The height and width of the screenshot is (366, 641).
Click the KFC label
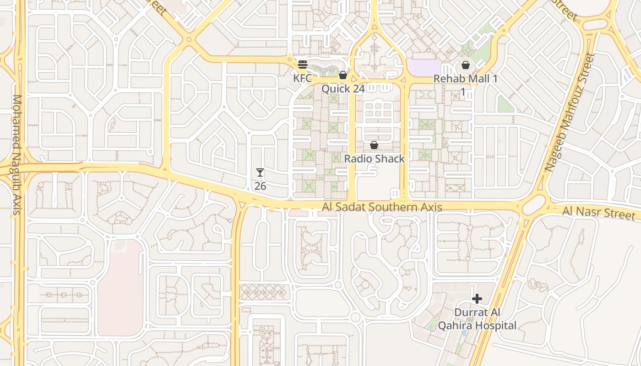click(x=302, y=78)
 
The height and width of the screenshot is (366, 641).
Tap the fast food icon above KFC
click(x=302, y=64)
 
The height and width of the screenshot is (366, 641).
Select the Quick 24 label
click(x=343, y=89)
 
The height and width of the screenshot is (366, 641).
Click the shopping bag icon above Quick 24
click(x=342, y=75)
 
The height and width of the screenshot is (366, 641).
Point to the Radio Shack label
click(x=375, y=159)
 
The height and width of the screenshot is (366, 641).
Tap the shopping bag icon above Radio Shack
click(x=374, y=145)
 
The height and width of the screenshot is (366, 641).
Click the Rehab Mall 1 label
click(x=466, y=79)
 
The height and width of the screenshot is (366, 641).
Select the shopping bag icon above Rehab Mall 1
click(x=466, y=65)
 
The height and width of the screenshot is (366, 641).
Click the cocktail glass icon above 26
click(x=260, y=172)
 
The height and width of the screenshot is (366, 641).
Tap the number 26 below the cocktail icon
click(x=260, y=186)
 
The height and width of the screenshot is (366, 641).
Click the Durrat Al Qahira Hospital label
click(x=477, y=319)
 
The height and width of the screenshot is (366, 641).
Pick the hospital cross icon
click(x=477, y=299)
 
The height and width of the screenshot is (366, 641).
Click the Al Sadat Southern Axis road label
click(x=382, y=207)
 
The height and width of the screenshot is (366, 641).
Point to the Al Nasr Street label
click(x=599, y=213)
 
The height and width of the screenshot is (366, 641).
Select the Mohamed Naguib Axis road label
click(x=17, y=154)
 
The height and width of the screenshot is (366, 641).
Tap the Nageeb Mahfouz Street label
click(x=570, y=112)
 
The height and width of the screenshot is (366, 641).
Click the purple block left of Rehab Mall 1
click(x=424, y=68)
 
